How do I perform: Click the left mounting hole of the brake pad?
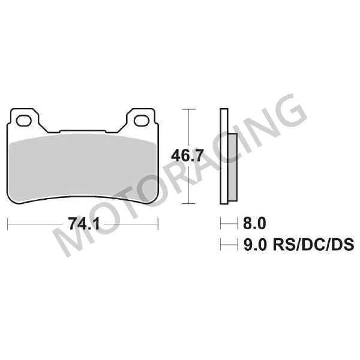pos(24,121)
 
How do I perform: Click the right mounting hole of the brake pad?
pos(142,121)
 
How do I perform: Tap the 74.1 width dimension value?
pos(83,225)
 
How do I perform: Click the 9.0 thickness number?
pos(253,245)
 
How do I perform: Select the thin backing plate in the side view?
pos(223,157)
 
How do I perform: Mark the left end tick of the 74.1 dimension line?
pos(7,225)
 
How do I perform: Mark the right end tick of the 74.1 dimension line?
pos(158,225)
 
